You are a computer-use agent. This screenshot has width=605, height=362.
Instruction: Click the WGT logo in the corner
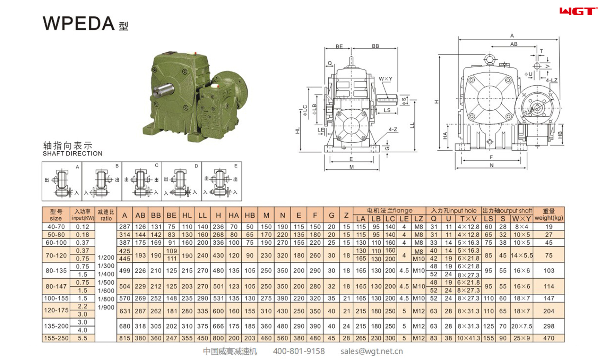click(x=578, y=11)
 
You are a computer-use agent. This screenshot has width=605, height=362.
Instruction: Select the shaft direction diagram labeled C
click(x=142, y=182)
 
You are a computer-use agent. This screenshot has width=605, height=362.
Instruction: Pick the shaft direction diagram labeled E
click(x=222, y=182)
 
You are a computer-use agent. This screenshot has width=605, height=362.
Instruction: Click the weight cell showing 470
click(x=548, y=338)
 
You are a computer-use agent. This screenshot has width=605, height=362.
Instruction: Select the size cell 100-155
click(x=56, y=298)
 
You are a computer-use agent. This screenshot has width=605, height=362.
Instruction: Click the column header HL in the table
click(x=187, y=216)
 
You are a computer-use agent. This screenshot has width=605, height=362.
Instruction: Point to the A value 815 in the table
click(x=124, y=338)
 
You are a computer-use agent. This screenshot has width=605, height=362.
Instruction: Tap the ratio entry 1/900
click(x=106, y=307)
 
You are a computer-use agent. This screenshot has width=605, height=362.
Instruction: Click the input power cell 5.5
click(x=83, y=338)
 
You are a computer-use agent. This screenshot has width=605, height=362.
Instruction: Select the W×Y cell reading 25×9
click(x=521, y=338)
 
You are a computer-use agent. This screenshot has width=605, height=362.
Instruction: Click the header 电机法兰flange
click(x=389, y=211)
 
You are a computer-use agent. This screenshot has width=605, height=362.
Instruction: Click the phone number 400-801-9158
click(x=299, y=351)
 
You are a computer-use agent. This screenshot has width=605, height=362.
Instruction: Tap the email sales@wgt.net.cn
click(x=371, y=351)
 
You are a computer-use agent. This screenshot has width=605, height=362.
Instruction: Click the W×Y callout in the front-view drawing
click(x=385, y=79)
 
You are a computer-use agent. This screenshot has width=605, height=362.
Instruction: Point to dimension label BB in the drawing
click(x=375, y=46)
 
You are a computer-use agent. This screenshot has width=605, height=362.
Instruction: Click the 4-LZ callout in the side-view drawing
click(x=551, y=80)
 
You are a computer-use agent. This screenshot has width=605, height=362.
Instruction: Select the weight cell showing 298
click(x=548, y=326)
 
